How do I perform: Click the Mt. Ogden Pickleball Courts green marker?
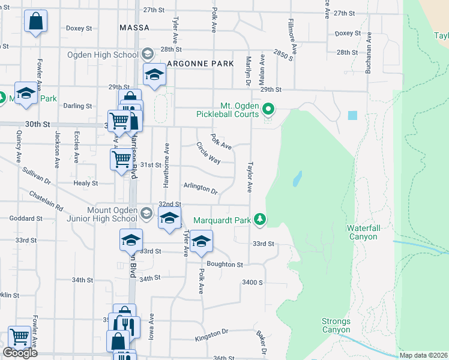pyautogui.click(x=269, y=109)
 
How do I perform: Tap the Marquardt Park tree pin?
pyautogui.click(x=260, y=220)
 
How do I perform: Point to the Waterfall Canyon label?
pyautogui.click(x=362, y=232)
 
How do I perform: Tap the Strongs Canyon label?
pyautogui.click(x=336, y=325)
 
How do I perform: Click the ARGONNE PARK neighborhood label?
pyautogui.click(x=200, y=63)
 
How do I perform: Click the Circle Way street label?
pyautogui.click(x=208, y=152)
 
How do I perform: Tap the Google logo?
pyautogui.click(x=20, y=352)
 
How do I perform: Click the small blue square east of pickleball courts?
pyautogui.click(x=352, y=115)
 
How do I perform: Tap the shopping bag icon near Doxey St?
pyautogui.click(x=36, y=21)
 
